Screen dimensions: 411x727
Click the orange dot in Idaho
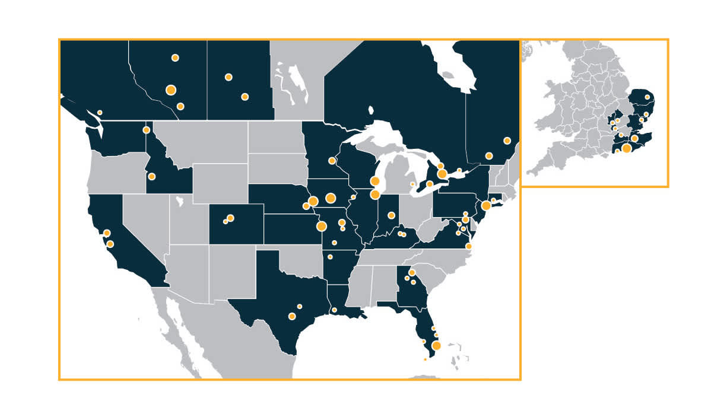pos(152,176)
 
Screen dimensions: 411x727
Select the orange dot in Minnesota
pos(332,161)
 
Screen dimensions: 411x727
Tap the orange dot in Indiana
pos(391,215)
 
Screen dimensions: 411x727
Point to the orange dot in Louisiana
pos(335,310)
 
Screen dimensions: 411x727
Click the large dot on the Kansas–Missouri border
pos(322,226)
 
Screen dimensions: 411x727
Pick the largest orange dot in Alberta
pos(171,90)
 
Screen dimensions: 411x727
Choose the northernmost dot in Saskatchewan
pos(228,77)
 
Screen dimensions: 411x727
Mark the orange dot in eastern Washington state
pos(146,130)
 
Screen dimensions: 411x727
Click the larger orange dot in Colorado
pos(230,218)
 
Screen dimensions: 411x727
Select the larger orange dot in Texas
pos(292,316)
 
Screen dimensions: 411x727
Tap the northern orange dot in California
pos(107,233)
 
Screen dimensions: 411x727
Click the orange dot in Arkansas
pos(330,257)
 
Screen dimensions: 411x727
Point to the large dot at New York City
pos(486,206)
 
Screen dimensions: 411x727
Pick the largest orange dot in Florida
pos(437,346)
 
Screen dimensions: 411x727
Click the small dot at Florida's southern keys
pos(425,359)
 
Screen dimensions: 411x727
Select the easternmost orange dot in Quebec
pos(507,141)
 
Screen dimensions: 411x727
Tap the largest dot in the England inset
pos(626,148)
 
